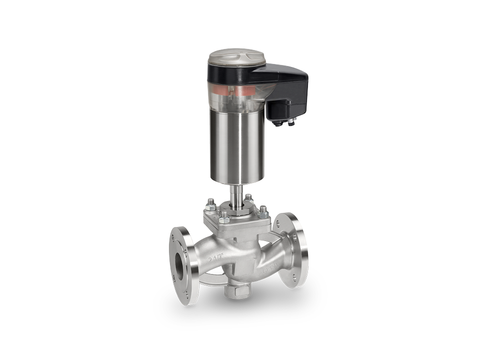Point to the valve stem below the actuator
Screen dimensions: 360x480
point(235,192)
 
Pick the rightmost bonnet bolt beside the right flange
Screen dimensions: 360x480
point(263,211)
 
